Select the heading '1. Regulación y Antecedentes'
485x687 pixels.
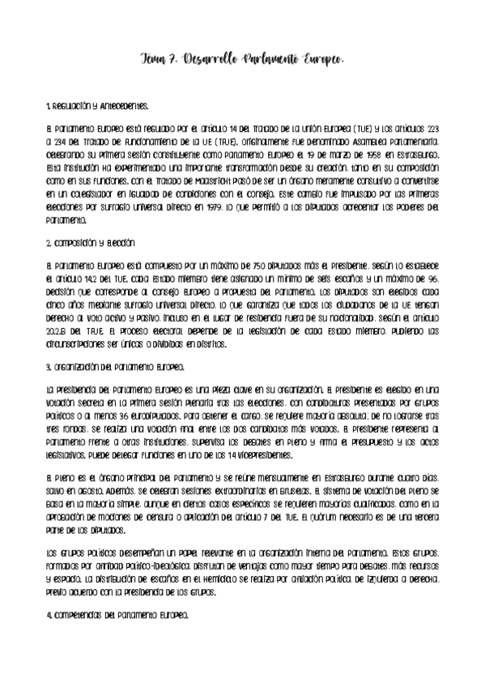coord(98,107)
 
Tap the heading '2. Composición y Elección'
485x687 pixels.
coord(91,242)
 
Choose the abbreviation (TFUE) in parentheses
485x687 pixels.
coord(214,140)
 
